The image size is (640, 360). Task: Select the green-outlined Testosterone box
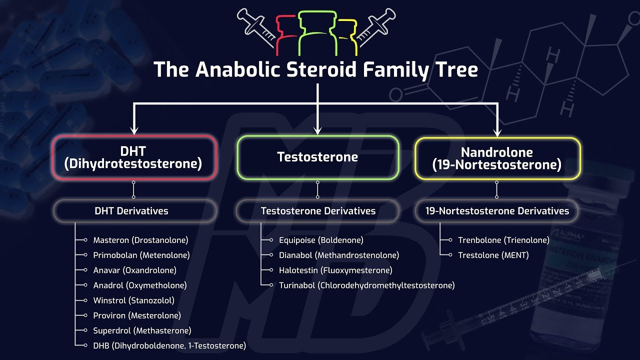click(x=317, y=157)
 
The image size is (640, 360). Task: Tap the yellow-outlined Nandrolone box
click(x=497, y=157)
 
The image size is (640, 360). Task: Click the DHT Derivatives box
click(x=131, y=211)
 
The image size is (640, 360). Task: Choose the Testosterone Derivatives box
click(x=318, y=211)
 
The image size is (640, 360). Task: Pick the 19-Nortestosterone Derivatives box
click(x=497, y=211)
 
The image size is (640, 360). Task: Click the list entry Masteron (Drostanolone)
click(x=140, y=240)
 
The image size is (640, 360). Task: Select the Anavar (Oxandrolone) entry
click(x=134, y=270)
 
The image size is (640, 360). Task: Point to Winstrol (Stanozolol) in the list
click(x=133, y=300)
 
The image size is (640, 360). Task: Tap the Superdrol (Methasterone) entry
click(x=142, y=330)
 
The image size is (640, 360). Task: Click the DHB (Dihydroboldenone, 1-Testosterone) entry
click(x=169, y=345)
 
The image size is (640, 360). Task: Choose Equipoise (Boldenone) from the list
click(x=321, y=240)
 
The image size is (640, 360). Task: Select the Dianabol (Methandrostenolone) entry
click(x=339, y=255)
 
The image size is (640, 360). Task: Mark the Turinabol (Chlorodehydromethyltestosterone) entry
click(x=366, y=285)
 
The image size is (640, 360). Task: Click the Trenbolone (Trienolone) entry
click(x=503, y=240)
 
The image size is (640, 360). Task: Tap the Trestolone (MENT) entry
click(x=493, y=255)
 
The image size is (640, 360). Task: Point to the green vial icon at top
click(x=317, y=32)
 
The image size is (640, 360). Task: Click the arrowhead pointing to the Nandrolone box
click(x=497, y=132)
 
